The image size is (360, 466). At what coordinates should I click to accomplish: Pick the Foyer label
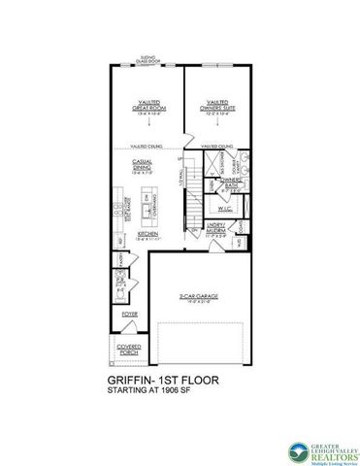coord(129,316)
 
